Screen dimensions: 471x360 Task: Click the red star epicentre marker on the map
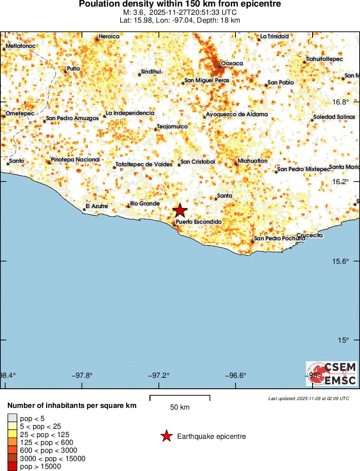180,211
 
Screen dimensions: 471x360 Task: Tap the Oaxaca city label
232,64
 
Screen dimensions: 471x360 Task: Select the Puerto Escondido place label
199,222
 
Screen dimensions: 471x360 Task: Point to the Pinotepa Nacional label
75,160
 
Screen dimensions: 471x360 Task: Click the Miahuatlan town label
252,161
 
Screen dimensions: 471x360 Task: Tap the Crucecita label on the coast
310,235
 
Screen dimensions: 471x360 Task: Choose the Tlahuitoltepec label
324,59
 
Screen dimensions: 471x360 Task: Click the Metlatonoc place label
21,46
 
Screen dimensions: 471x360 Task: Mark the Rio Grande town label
145,204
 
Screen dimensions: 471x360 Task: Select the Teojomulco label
172,127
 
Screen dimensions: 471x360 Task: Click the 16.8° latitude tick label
341,102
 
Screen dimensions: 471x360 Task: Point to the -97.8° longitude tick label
83,375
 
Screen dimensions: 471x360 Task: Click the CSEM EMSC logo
332,373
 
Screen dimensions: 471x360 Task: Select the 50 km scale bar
180,397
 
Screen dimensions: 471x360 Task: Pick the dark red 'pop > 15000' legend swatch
12,467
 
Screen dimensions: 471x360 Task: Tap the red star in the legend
166,436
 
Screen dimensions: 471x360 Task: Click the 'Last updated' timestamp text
309,398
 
